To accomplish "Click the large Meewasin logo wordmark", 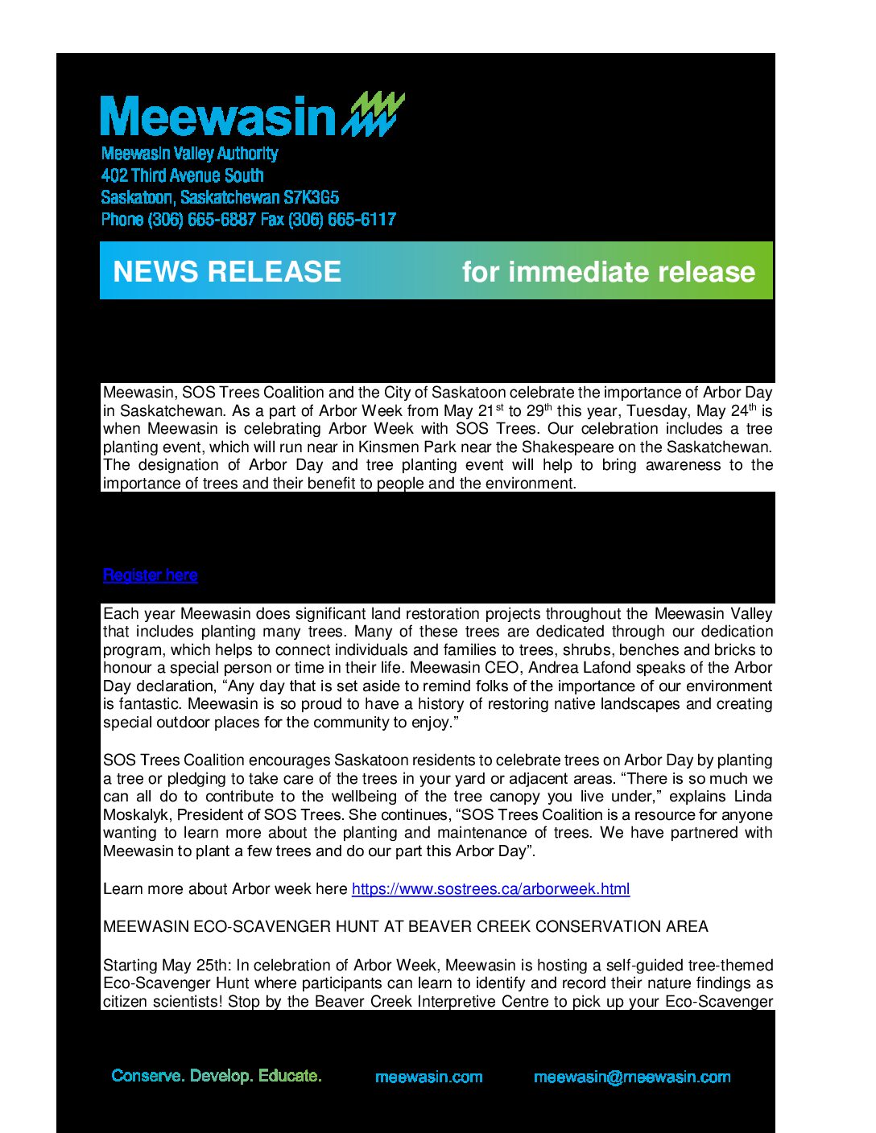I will click(217, 117).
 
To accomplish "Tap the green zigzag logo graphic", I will click(373, 114).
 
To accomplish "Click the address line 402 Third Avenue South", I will click(183, 175).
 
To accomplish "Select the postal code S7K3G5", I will click(311, 197).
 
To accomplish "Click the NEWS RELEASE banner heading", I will click(227, 272).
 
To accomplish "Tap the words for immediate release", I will click(608, 272).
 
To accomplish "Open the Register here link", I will click(151, 575).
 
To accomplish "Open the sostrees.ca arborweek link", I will click(490, 889).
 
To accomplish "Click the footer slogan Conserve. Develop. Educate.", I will click(217, 1076).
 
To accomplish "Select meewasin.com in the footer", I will click(429, 1077).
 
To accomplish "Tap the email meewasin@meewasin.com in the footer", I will click(632, 1077).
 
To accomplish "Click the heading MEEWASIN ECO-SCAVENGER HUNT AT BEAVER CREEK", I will click(405, 927).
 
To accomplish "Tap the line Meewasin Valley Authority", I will click(189, 154).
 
